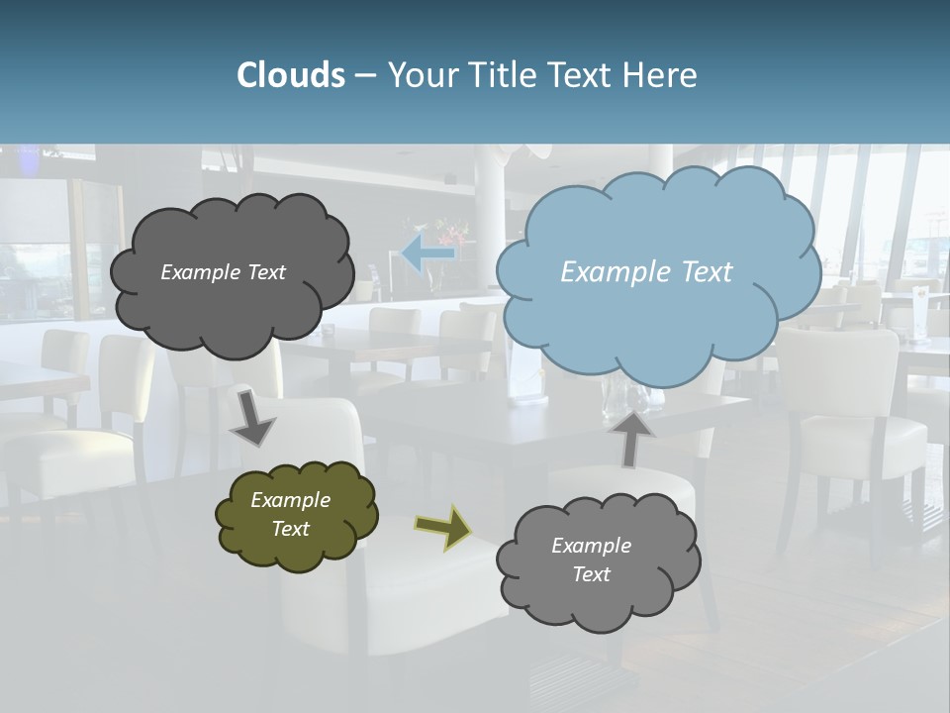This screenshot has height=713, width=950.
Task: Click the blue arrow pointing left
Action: pos(427,255)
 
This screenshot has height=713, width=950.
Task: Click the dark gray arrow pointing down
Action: pos(251,417)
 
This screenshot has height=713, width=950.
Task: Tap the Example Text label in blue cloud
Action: pos(646,272)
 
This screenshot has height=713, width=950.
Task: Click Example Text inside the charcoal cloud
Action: pos(223,272)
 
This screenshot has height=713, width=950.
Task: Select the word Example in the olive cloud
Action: pos(290,500)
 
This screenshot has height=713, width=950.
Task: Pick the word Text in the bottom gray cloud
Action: pos(591,574)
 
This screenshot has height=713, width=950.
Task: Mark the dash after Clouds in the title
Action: pos(365,75)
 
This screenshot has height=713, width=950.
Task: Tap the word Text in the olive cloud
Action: pos(290,529)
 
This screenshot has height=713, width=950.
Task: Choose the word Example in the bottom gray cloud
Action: pos(591,546)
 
